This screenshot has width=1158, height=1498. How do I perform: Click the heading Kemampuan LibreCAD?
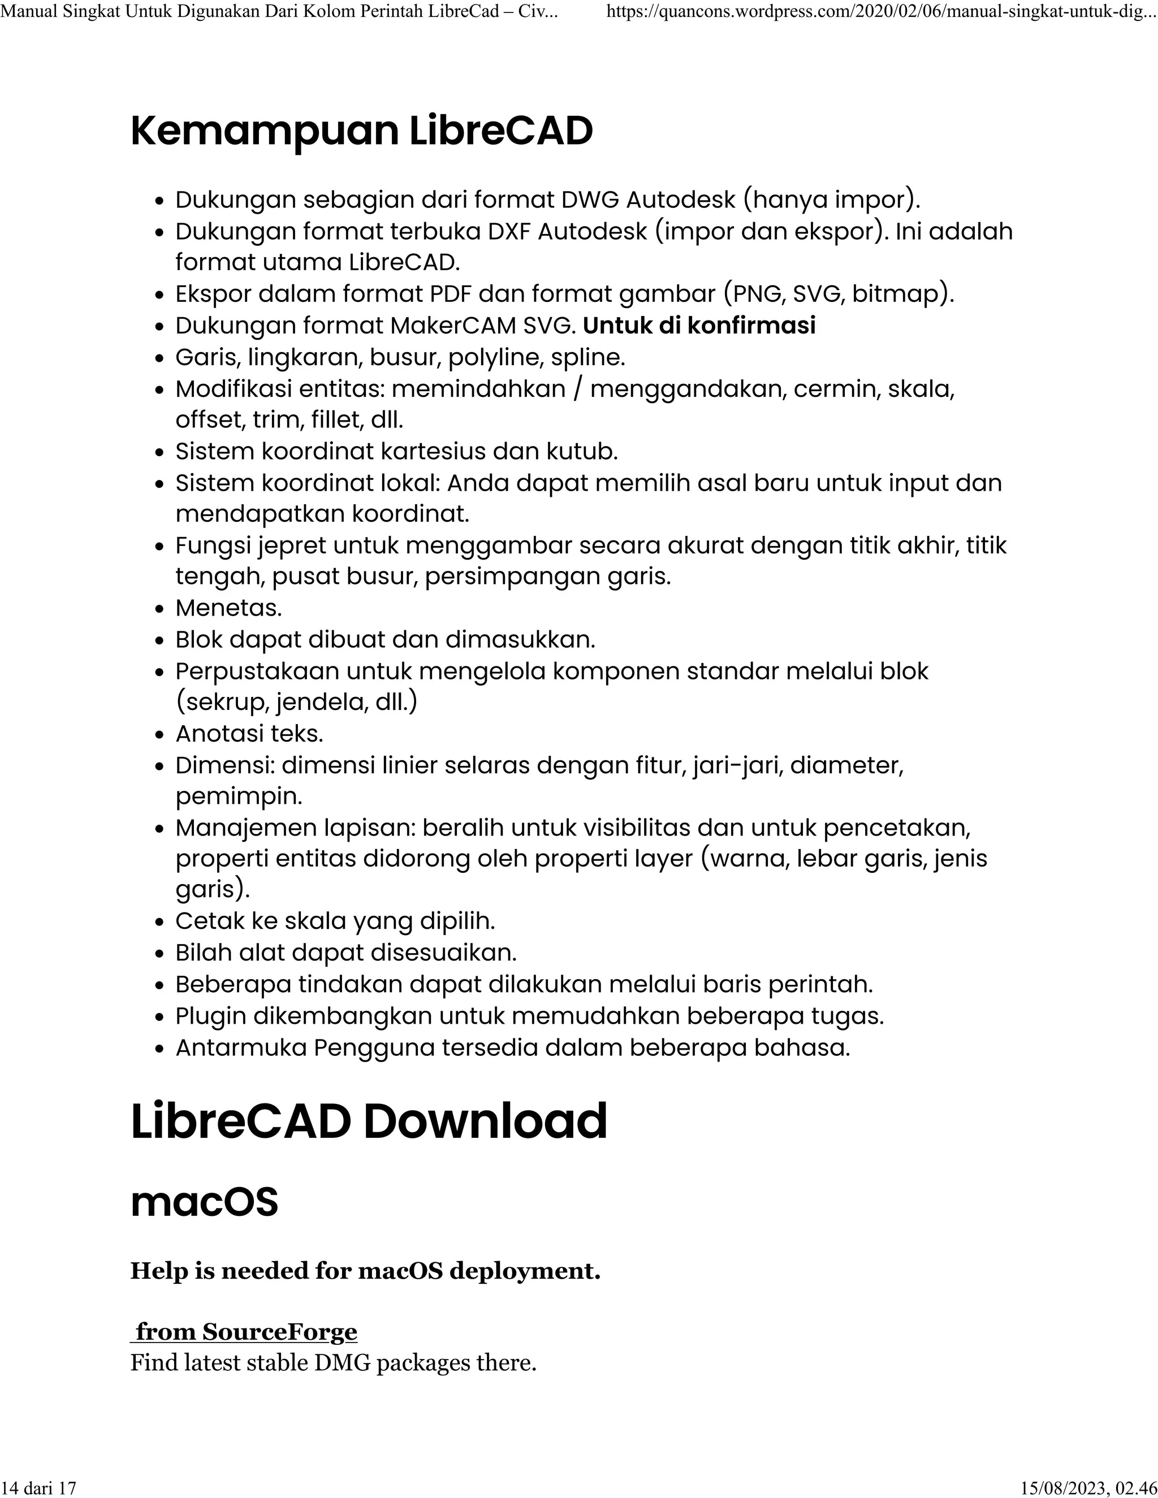(x=361, y=131)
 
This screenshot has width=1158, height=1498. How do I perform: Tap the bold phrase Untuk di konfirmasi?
(x=699, y=325)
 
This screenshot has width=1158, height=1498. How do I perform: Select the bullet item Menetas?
(x=228, y=608)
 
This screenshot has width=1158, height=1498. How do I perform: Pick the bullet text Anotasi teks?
(x=249, y=733)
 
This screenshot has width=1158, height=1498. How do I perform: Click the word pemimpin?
(x=239, y=796)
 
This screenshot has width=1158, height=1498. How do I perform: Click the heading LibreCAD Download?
(x=369, y=1122)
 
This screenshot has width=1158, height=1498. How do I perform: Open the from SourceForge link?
(x=245, y=1331)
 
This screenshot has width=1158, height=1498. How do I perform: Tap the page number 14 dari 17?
(x=39, y=1488)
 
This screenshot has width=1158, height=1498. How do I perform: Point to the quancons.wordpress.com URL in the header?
(x=882, y=11)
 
